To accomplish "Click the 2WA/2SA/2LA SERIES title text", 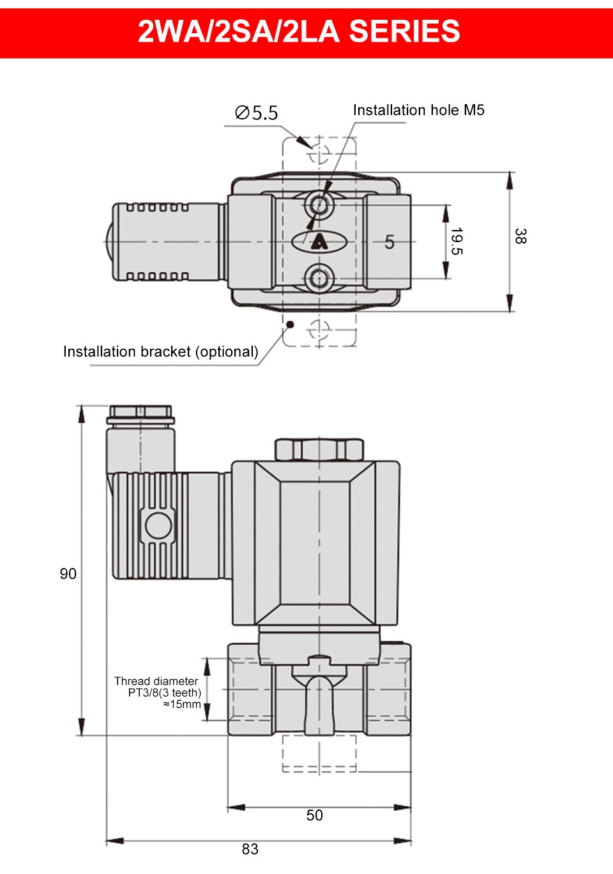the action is (299, 31).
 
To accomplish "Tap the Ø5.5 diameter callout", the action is (257, 112).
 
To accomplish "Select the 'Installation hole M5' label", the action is (418, 110).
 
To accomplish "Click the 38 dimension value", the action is (520, 236).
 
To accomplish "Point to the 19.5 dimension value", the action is (457, 241).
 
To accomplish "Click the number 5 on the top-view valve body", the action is (389, 242).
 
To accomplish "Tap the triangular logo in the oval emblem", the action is (319, 242).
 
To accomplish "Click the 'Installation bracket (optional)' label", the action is (161, 351).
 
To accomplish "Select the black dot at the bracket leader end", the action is (290, 325).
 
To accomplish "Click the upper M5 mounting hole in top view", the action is (319, 204).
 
